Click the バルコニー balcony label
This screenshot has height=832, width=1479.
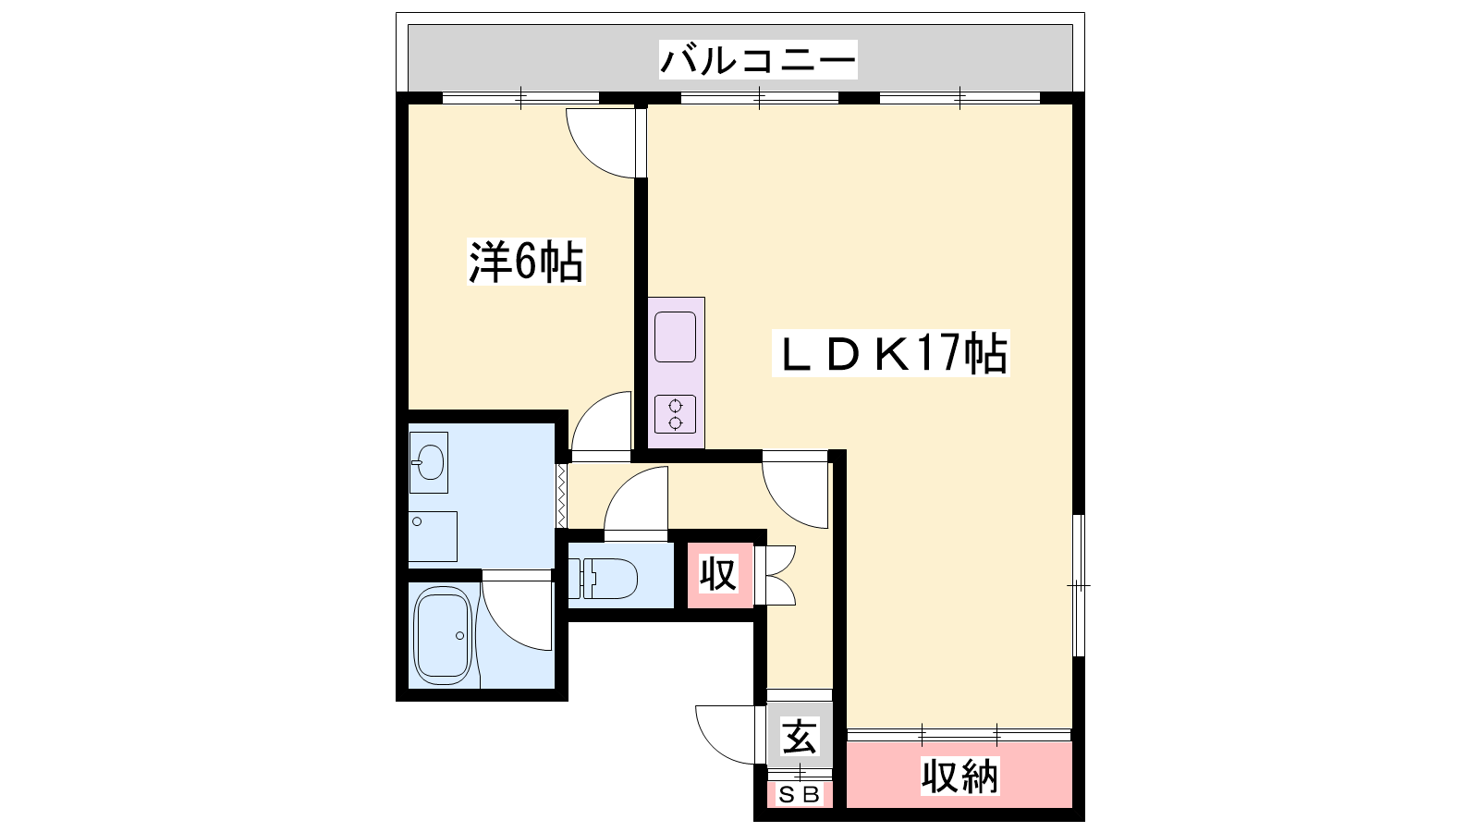coord(758,59)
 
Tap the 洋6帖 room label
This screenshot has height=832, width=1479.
coord(526,263)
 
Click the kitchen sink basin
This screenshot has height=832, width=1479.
coord(676,336)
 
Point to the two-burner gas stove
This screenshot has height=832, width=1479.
coord(676,414)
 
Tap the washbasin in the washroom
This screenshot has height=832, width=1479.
coord(429,462)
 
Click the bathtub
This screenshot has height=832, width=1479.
coord(443,635)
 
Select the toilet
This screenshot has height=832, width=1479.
coord(602,579)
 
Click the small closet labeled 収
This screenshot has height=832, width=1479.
coord(719,575)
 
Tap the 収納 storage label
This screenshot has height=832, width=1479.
coord(960,776)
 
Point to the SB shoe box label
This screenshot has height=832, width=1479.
coord(799,795)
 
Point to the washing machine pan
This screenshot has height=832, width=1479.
coord(433,536)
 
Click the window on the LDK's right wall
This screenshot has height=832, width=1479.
coord(1078,585)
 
